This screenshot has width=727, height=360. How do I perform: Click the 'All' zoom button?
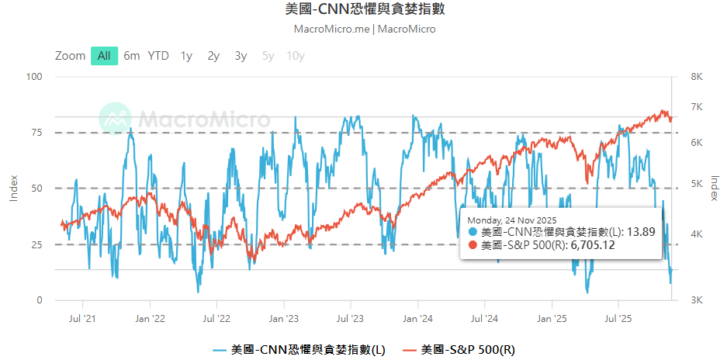[104, 56]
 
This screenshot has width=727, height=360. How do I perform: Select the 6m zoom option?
[132, 56]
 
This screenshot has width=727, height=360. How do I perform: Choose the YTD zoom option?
[158, 56]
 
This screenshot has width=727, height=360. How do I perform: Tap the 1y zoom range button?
[186, 56]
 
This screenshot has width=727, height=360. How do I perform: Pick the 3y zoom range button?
[241, 56]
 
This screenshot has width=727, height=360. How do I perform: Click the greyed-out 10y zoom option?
[296, 56]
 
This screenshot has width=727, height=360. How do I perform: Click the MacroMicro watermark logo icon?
[115, 119]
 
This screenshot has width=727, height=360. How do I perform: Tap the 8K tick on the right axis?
[696, 77]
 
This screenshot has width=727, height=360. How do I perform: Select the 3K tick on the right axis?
[696, 300]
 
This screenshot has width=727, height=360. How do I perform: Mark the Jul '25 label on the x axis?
[618, 317]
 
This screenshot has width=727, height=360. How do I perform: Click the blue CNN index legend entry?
[299, 350]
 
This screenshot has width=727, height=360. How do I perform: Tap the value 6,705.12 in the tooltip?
[593, 245]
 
